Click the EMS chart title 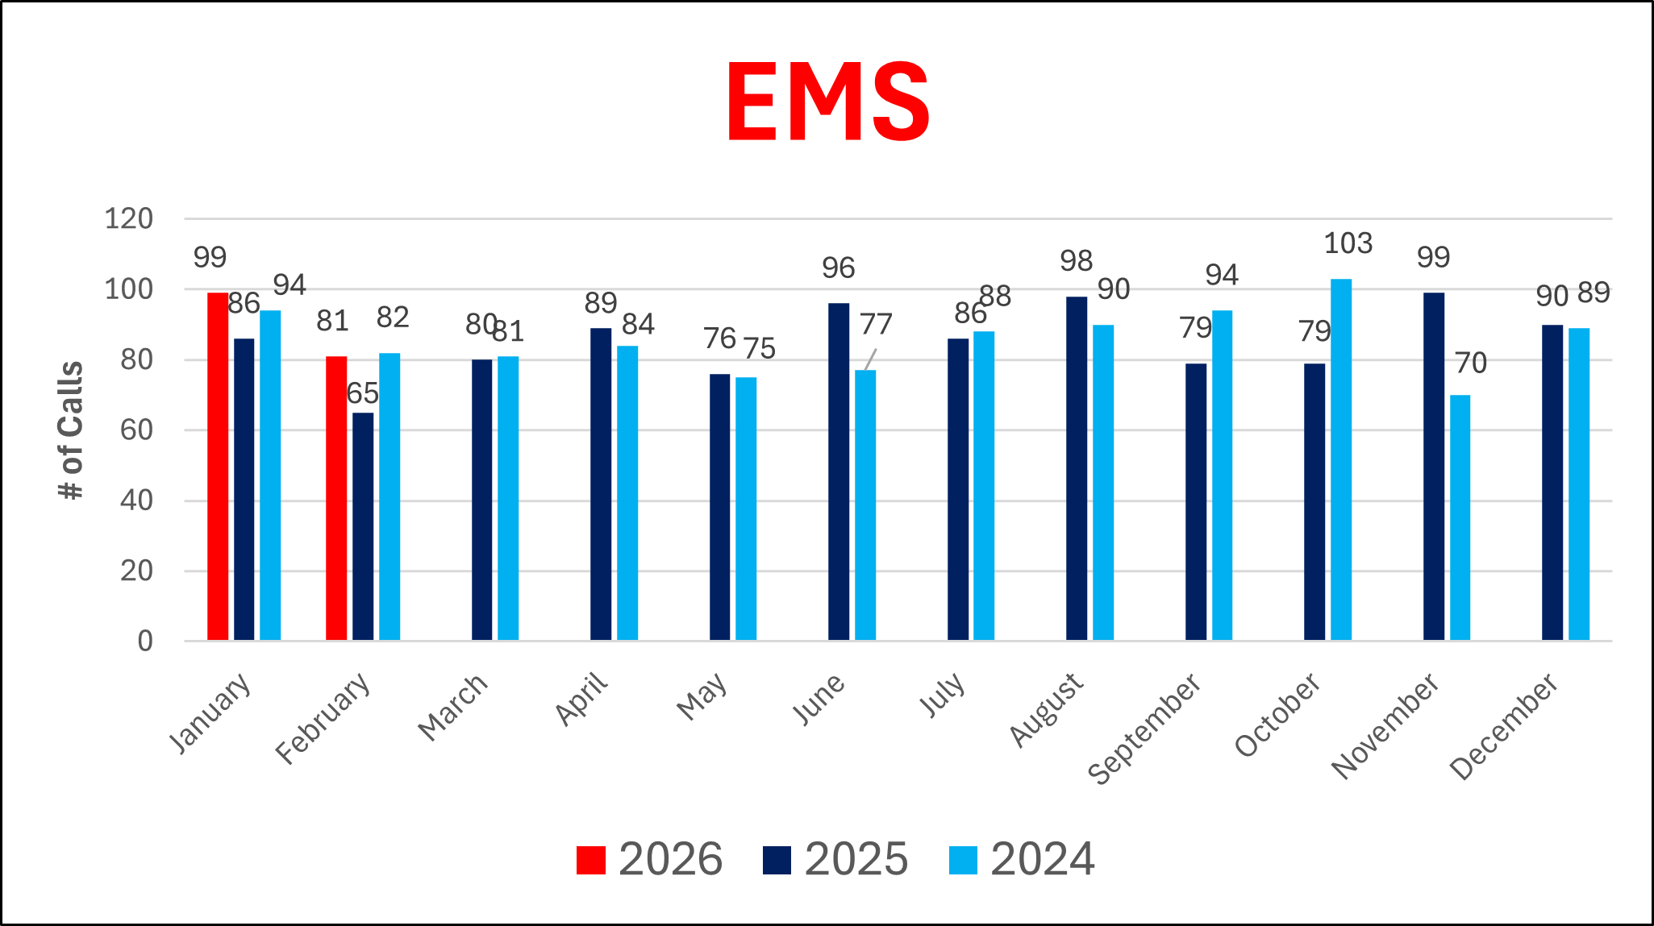(827, 102)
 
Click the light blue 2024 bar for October (1340, 459)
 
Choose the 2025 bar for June (839, 471)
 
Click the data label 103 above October (1348, 243)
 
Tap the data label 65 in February (362, 393)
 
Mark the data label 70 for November (1471, 363)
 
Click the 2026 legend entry (650, 859)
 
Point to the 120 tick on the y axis (128, 218)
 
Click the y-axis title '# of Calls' (72, 430)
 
